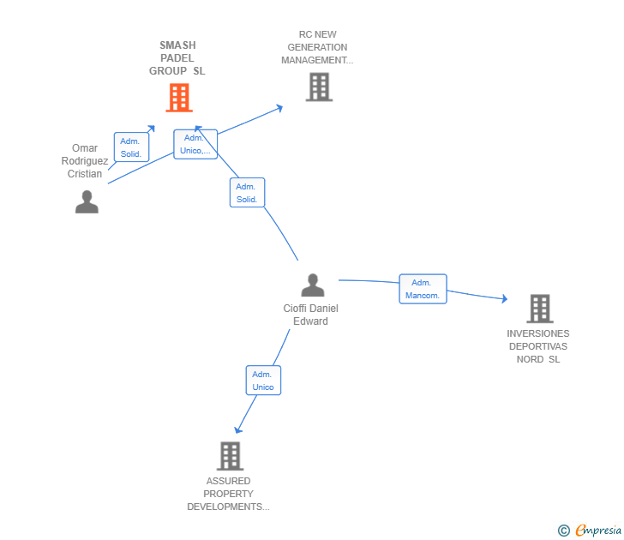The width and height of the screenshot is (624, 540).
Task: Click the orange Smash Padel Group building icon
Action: [x=179, y=98]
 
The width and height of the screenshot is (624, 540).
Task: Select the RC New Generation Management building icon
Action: [x=318, y=87]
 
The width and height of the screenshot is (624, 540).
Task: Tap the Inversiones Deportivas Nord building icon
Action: [x=539, y=309]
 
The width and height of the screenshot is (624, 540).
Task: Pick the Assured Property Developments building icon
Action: [x=229, y=456]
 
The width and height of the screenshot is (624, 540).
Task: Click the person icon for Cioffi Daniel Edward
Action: [x=313, y=285]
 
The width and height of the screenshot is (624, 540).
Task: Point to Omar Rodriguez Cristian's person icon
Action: [x=87, y=201]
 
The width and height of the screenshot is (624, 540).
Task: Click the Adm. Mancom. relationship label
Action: [x=423, y=289]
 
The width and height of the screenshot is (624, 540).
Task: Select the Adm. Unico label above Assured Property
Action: [x=263, y=381]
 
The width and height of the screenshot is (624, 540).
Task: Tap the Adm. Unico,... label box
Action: [x=195, y=144]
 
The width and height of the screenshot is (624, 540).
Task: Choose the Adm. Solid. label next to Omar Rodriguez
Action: [x=131, y=147]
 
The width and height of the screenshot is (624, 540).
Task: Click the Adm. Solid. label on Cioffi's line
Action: [x=247, y=193]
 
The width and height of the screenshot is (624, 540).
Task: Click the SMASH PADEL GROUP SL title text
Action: [x=177, y=58]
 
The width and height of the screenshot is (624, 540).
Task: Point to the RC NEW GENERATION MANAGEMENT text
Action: [x=317, y=48]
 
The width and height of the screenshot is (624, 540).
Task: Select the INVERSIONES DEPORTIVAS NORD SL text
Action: [x=538, y=346]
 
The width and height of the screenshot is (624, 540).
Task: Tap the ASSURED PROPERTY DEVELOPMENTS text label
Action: [x=229, y=494]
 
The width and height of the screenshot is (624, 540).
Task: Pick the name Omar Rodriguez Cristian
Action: [x=85, y=161]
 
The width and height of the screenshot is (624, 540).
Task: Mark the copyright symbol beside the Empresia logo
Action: [x=564, y=531]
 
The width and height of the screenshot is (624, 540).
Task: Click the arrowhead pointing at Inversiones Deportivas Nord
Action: [x=504, y=298]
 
